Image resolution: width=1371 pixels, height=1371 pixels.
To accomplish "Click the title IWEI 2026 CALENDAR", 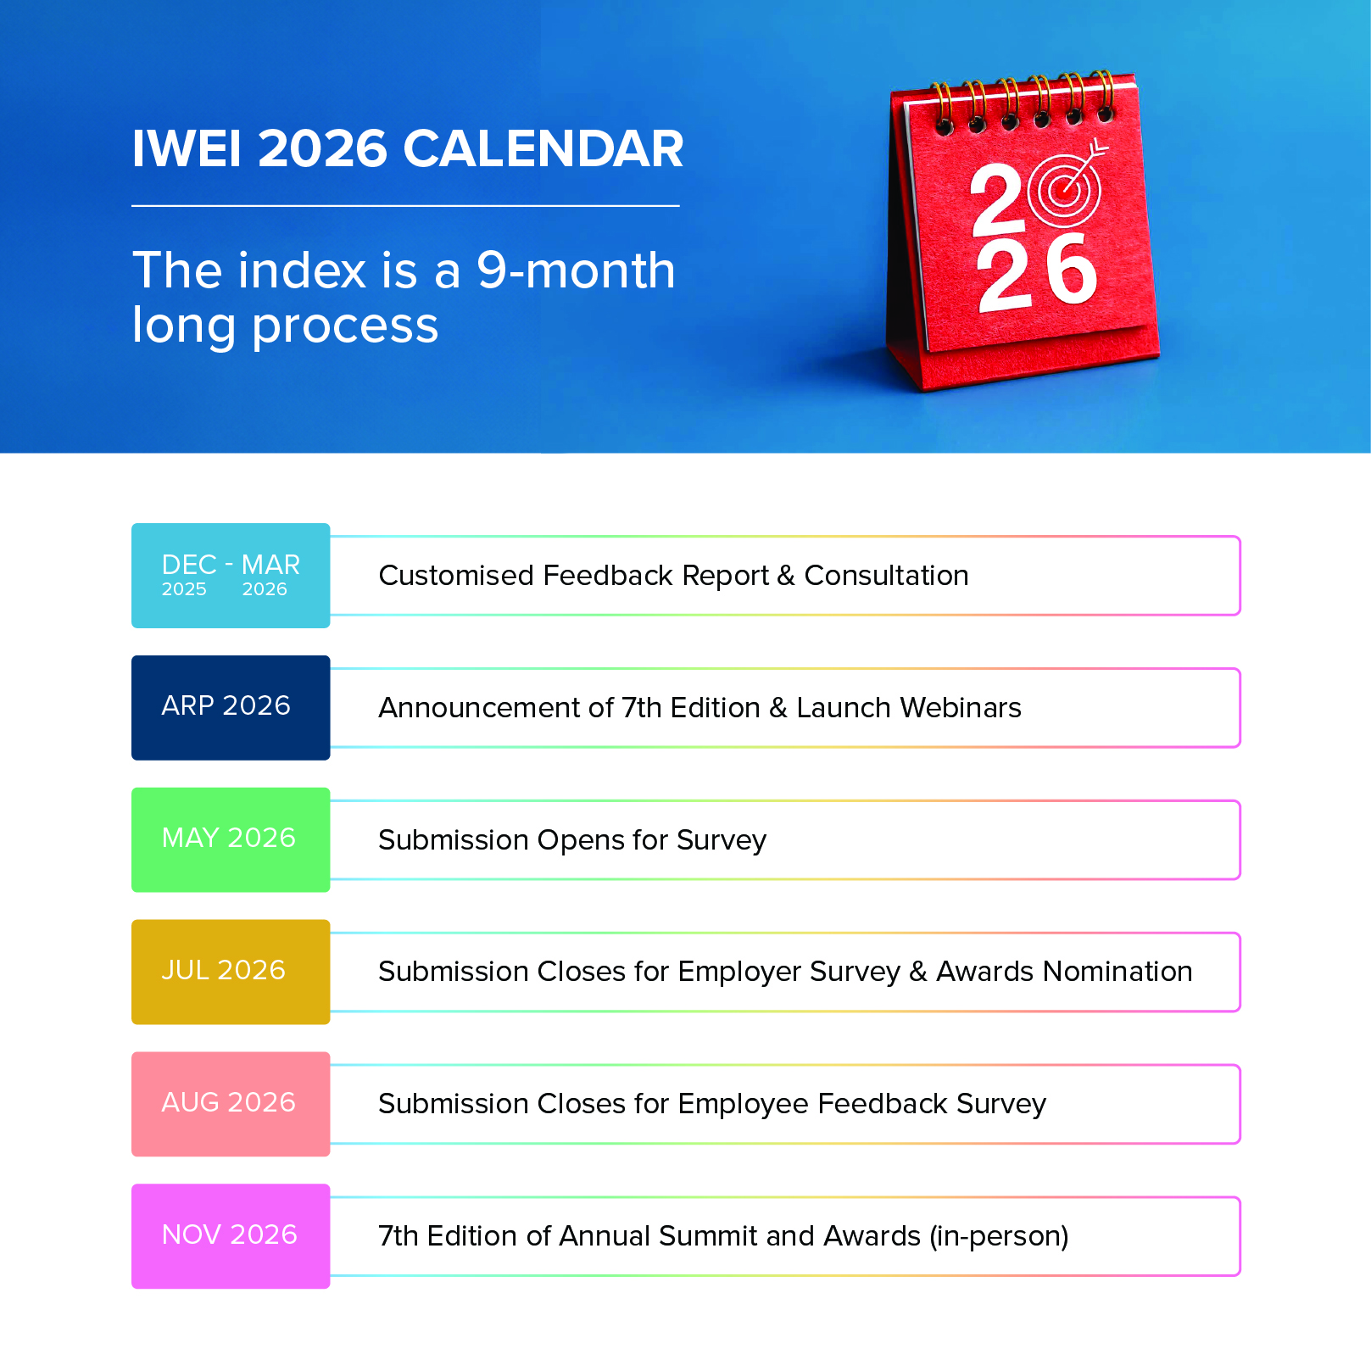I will click(407, 149).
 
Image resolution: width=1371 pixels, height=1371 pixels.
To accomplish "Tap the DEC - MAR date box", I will click(231, 576).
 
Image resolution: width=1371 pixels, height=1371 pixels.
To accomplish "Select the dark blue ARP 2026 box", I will click(231, 707).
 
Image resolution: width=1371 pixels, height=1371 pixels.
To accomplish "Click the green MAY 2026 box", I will click(231, 839).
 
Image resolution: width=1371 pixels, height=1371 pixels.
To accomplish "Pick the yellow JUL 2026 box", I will click(231, 972).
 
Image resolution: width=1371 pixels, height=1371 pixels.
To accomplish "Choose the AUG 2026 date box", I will click(231, 1104).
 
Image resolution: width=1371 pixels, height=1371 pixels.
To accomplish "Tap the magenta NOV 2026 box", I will click(231, 1236).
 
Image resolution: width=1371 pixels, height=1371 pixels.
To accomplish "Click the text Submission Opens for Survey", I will click(572, 840).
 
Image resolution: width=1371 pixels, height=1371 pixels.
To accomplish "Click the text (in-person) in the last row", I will click(999, 1236).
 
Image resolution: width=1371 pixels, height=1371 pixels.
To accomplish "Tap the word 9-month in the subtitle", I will click(576, 270).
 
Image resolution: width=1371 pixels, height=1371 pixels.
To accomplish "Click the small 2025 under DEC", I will click(184, 589).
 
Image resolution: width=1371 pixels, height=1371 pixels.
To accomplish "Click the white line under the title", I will click(405, 205).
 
